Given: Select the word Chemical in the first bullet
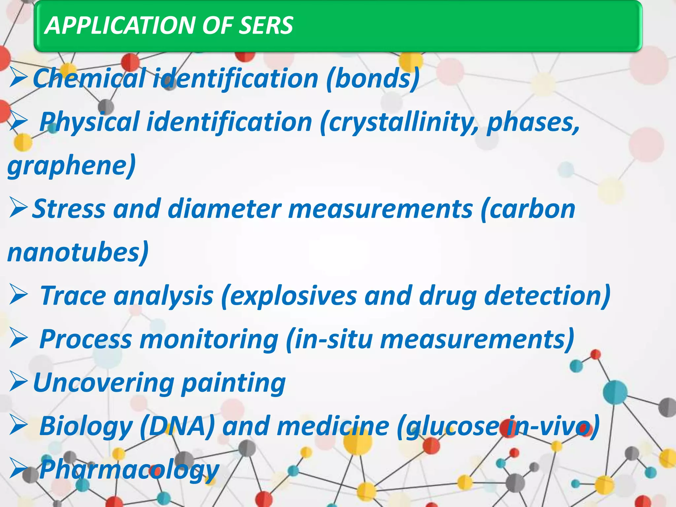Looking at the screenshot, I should tap(89, 79).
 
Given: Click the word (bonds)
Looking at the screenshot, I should tap(373, 79).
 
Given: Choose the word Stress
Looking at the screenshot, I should tap(69, 209).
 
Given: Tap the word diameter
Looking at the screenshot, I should tap(224, 209).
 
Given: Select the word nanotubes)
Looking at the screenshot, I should tap(78, 253).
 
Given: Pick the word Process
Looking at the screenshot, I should tap(85, 339).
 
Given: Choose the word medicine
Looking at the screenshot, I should tap(333, 426).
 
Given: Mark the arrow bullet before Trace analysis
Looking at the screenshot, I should tap(18, 294).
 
